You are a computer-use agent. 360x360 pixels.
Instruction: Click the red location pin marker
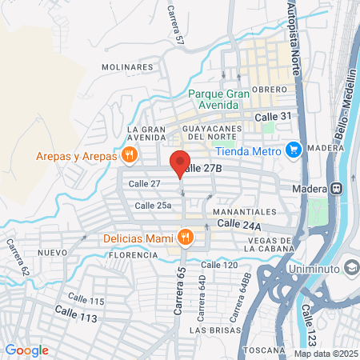click(x=180, y=162)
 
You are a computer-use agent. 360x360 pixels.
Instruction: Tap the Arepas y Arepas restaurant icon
click(x=129, y=154)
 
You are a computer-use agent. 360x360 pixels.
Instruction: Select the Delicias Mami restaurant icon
click(x=186, y=236)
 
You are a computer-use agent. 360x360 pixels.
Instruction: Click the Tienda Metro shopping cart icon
click(x=294, y=149)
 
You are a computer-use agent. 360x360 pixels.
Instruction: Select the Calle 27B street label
click(x=199, y=168)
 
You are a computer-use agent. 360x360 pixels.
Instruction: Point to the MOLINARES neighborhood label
click(x=127, y=67)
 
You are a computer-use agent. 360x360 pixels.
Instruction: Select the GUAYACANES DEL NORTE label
click(x=214, y=134)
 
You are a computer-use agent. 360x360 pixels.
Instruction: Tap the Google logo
click(x=26, y=350)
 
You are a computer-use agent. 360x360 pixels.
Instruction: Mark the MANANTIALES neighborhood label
click(x=244, y=212)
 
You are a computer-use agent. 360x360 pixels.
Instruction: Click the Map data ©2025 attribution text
click(x=325, y=354)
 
